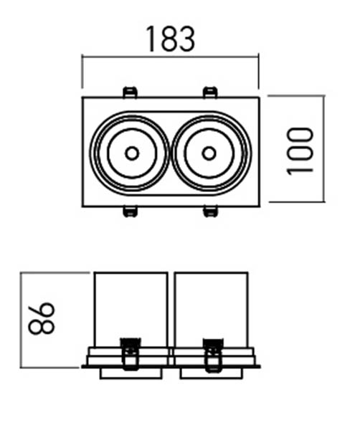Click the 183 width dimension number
point(171,39)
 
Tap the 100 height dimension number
point(299,151)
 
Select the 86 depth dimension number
point(42,318)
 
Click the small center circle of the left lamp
point(132,153)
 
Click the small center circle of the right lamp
point(209,153)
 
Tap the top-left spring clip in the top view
point(130,92)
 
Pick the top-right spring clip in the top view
point(210,92)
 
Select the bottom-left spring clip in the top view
point(130,211)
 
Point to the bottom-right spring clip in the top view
point(210,211)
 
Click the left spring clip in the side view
point(131,354)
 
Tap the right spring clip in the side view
point(213,355)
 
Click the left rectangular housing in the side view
point(131,310)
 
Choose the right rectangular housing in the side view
point(212,310)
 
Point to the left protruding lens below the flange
point(131,373)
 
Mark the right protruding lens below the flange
point(212,373)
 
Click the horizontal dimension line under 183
point(171,57)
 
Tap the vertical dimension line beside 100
point(324,148)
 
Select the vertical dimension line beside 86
point(21,320)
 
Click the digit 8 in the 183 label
point(170,39)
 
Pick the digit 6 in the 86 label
point(42,310)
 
